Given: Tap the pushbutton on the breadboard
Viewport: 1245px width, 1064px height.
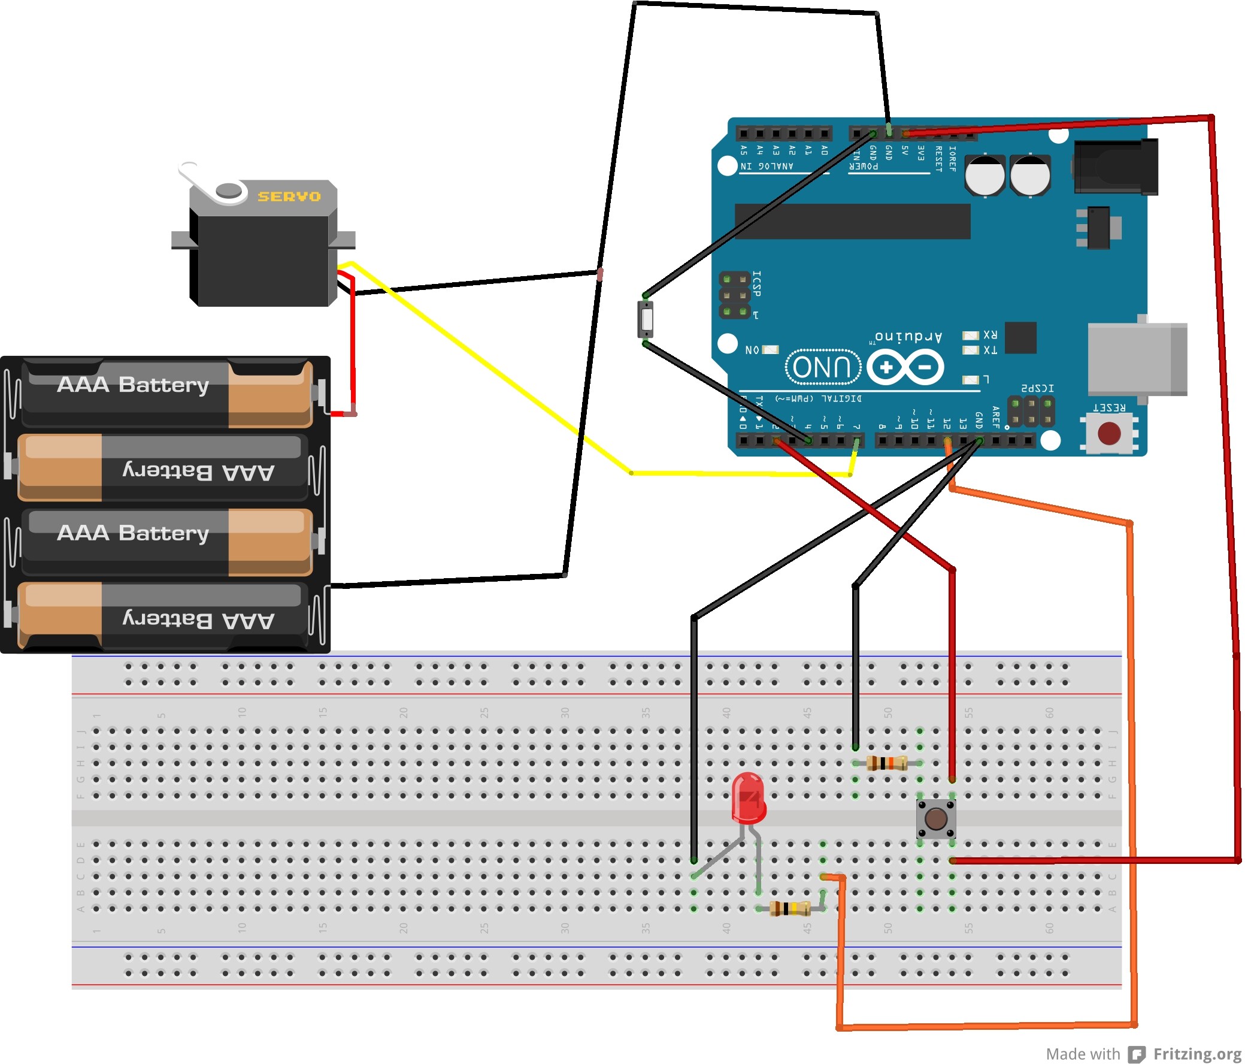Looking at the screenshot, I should click(935, 818).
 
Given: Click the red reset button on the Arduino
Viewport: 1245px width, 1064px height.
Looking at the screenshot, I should click(1108, 433).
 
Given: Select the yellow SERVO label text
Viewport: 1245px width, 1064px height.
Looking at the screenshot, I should click(289, 197).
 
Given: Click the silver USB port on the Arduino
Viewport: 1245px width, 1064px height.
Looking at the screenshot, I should click(1135, 359).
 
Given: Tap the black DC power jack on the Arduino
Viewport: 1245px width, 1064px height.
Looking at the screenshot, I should click(1114, 167).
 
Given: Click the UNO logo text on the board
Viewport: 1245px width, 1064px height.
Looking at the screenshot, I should click(823, 367).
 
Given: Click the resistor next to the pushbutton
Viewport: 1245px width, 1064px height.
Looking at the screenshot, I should click(887, 763).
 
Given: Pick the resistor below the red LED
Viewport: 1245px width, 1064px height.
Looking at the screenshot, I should click(789, 908).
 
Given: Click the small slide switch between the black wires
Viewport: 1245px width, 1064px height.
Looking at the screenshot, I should click(646, 320).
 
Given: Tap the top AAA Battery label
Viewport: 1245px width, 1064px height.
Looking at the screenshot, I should click(133, 384).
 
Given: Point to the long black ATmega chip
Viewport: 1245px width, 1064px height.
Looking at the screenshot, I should click(852, 221).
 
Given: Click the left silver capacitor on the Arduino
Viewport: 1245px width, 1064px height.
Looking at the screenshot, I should click(985, 176).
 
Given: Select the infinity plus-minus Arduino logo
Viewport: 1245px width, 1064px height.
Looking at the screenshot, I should click(905, 367).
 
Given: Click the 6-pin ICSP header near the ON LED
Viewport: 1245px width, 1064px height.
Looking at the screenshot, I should click(735, 295).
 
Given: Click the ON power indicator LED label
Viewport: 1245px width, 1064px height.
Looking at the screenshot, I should click(752, 350).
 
